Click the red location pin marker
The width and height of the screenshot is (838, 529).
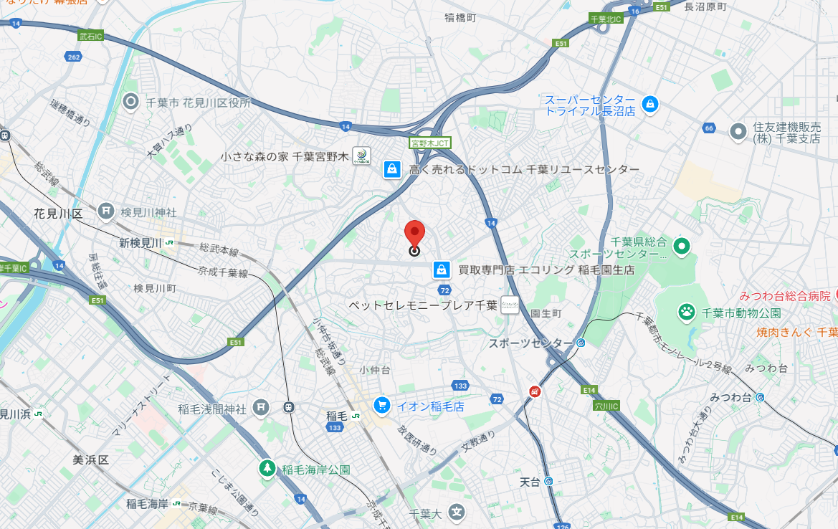pos(414,234)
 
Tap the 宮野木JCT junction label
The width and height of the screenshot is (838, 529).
pos(430,143)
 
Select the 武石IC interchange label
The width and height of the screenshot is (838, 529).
pos(92,35)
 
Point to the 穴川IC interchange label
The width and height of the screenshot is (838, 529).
pos(606,406)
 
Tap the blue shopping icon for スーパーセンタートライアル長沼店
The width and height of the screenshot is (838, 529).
pos(649,105)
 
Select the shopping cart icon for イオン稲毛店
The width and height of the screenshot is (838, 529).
pos(381,406)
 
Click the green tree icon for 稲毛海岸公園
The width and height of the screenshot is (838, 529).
pos(267,469)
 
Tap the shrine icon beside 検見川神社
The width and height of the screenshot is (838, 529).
pos(106,211)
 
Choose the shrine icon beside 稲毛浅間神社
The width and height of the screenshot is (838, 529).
pos(260,408)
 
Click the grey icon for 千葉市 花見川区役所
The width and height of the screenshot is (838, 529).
pos(131,102)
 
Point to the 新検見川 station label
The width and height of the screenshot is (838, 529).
pos(141,243)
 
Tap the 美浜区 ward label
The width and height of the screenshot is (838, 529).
pos(90,459)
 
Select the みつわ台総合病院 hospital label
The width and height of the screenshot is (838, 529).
pos(785,295)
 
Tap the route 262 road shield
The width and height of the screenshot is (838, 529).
pos(72,56)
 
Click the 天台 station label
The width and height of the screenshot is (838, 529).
pos(530,482)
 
